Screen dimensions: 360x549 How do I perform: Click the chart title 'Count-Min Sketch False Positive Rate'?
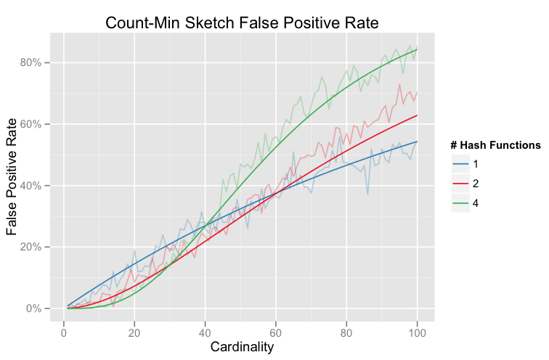coord(242,22)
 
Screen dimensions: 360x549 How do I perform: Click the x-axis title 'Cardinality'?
coord(242,347)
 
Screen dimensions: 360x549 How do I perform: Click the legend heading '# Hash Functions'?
coord(494,146)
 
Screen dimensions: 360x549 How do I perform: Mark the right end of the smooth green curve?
coord(417,49)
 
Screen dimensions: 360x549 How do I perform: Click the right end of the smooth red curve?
coord(417,115)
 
